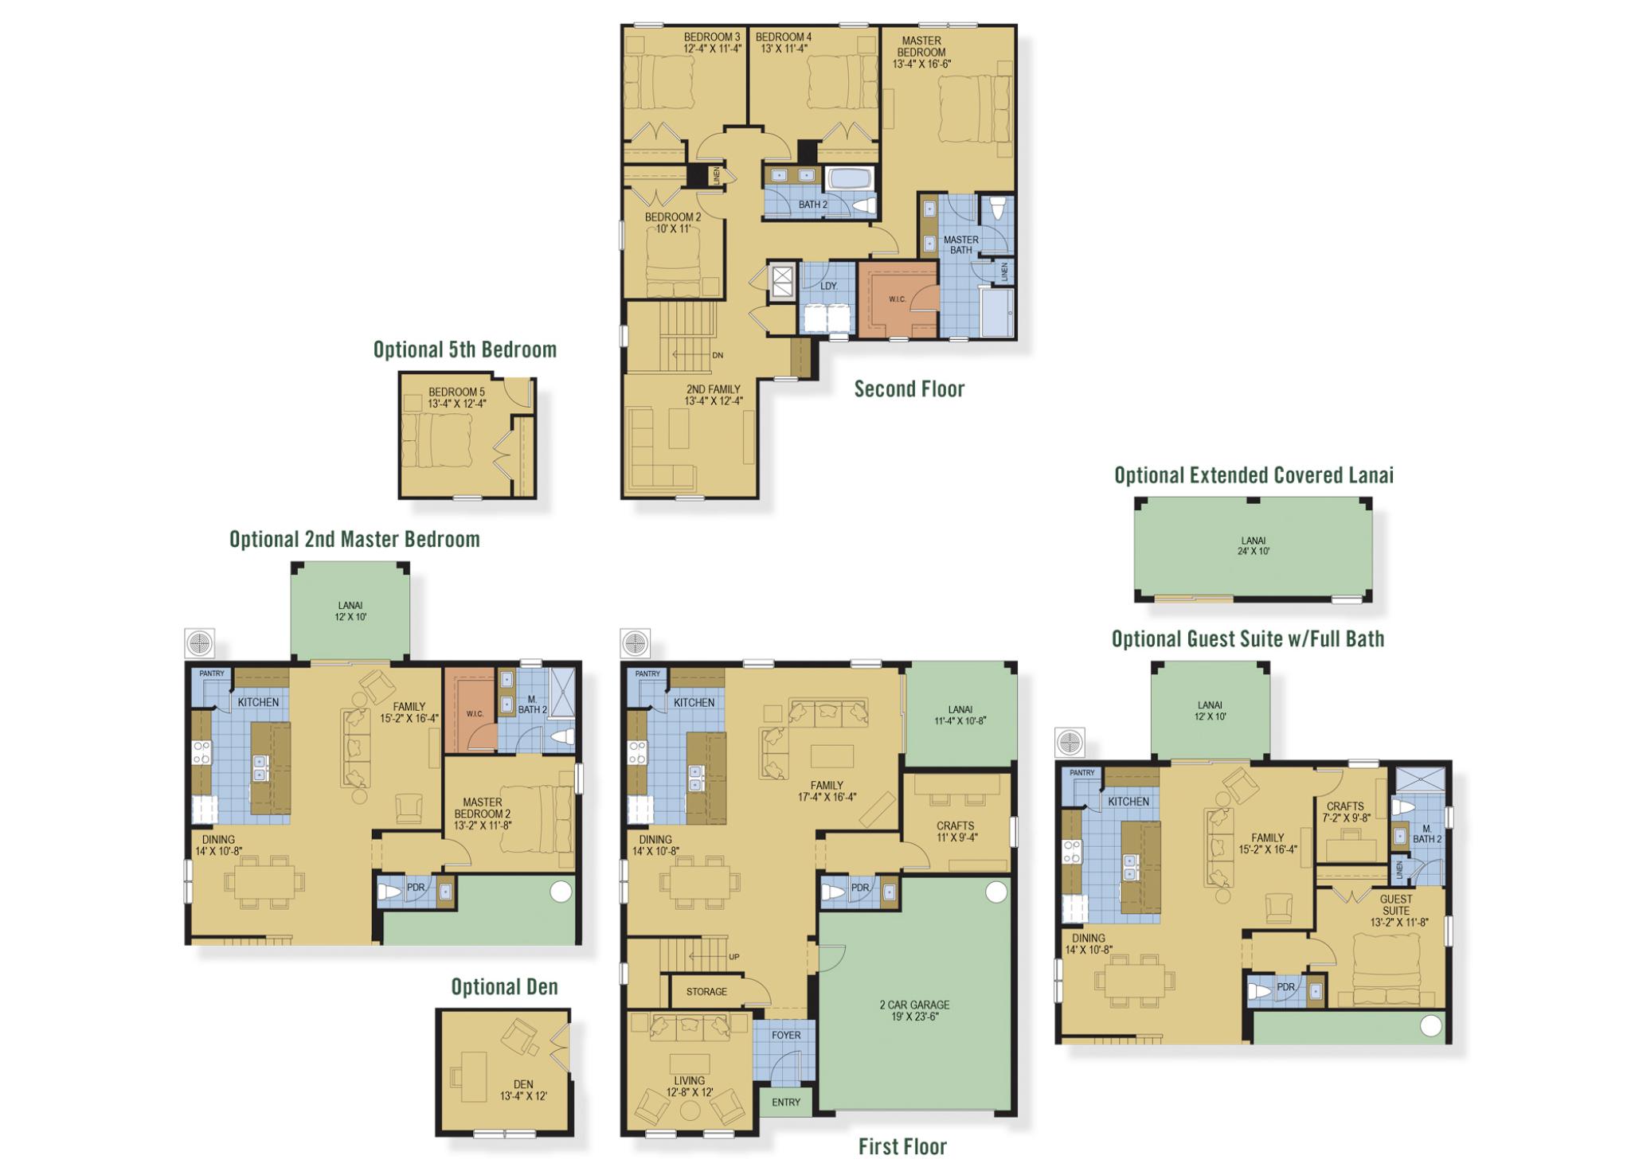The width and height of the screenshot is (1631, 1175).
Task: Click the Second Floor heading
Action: click(909, 388)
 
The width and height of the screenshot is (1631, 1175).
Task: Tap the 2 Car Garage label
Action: click(914, 1010)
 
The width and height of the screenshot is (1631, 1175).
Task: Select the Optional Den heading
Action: click(504, 987)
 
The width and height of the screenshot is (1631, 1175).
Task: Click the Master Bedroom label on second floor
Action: click(921, 52)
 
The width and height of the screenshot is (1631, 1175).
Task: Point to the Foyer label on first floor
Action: click(786, 1035)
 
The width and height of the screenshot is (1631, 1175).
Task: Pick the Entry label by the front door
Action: click(786, 1102)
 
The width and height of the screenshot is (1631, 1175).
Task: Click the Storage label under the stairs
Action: click(706, 991)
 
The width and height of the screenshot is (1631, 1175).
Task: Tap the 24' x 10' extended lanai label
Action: click(1253, 546)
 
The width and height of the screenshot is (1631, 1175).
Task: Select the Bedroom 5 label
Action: click(456, 397)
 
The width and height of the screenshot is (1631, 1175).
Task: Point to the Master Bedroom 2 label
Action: click(482, 814)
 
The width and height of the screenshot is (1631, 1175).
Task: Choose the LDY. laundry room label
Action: click(828, 285)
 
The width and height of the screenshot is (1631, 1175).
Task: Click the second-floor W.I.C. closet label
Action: click(897, 299)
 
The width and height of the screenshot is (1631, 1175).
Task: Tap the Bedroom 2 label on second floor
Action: click(673, 222)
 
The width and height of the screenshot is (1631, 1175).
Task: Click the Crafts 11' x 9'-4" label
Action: click(955, 831)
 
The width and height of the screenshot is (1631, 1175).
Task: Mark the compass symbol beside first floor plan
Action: click(635, 642)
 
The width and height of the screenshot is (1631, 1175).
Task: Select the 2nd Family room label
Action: click(713, 395)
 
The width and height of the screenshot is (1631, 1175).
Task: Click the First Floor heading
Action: click(902, 1146)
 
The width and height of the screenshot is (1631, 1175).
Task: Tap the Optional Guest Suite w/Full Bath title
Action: click(1247, 638)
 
